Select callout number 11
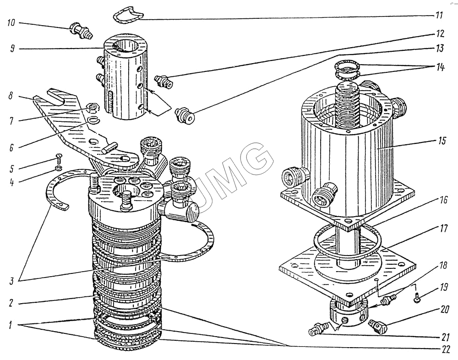pos(439,15)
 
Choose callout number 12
pos(439,34)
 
